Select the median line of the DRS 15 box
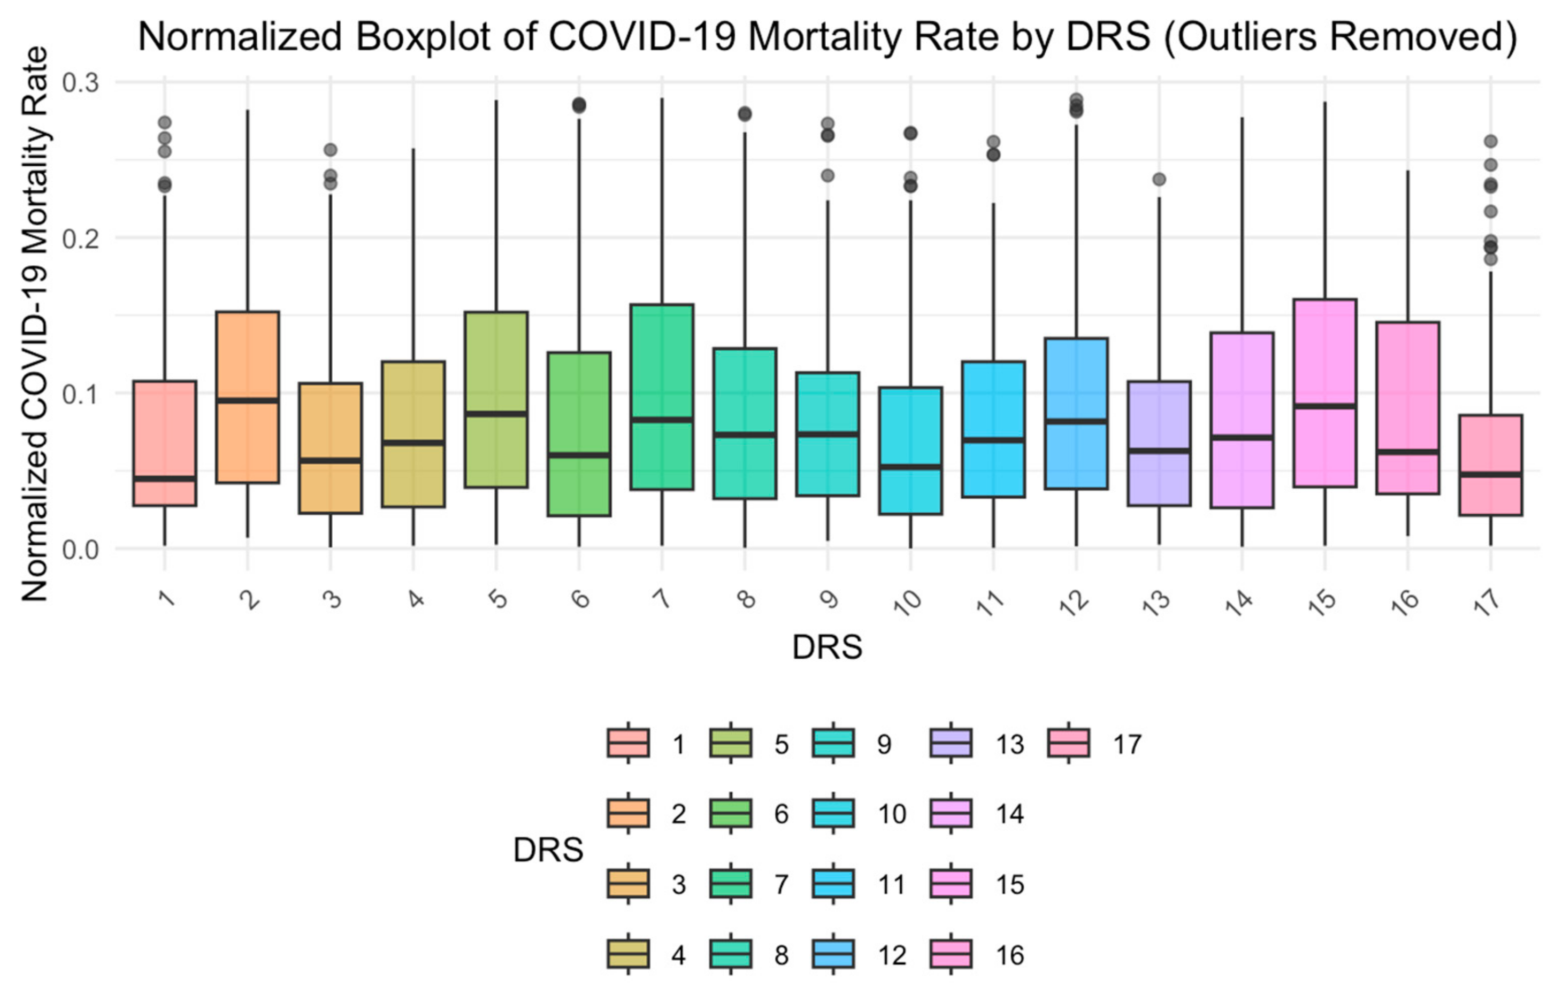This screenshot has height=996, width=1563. pos(1325,406)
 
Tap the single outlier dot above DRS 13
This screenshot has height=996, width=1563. pos(1159,180)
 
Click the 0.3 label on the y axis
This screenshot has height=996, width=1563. pos(80,82)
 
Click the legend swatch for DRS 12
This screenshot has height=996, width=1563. pos(833,954)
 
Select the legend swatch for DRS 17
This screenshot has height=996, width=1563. pos(1068,743)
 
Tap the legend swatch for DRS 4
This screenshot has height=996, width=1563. pos(627,954)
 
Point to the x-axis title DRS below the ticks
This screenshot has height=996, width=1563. pos(827,647)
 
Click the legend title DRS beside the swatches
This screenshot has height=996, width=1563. pos(548,850)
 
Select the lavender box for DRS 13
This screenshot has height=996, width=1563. pos(1159,415)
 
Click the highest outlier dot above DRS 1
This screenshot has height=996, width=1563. pos(165,122)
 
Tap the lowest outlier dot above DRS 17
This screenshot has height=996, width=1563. pos(1491,259)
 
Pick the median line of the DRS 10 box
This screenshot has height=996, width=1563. pos(910,467)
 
